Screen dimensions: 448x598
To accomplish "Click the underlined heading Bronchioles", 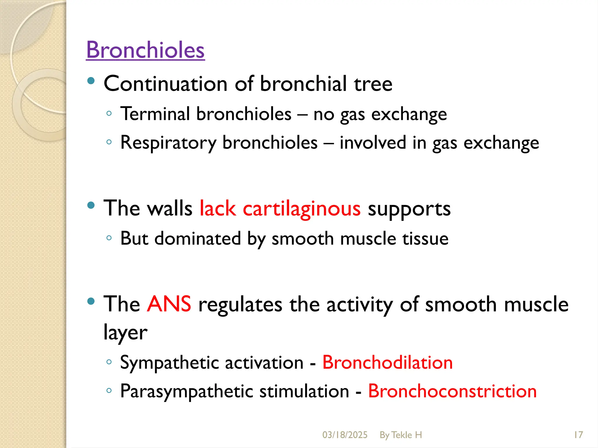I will [x=145, y=50].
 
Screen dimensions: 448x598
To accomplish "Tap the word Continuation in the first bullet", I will [x=166, y=84].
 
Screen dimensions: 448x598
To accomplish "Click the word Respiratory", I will [x=168, y=143].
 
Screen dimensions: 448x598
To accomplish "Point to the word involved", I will [x=373, y=143].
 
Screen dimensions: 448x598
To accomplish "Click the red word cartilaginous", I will [x=302, y=209].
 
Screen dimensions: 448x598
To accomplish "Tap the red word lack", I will [x=218, y=209].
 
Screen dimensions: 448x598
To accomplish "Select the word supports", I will [x=409, y=209].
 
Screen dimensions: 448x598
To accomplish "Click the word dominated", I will [x=197, y=239].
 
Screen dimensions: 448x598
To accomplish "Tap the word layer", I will [x=125, y=332].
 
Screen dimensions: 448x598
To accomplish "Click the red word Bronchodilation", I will [x=387, y=363].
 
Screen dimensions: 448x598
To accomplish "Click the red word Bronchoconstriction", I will [x=452, y=391].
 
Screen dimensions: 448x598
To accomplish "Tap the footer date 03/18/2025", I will [x=345, y=435].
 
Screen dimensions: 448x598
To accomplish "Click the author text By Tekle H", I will [x=401, y=435].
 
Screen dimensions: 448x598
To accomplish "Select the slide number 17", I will [x=578, y=435].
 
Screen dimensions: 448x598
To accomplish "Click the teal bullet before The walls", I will [x=91, y=205].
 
